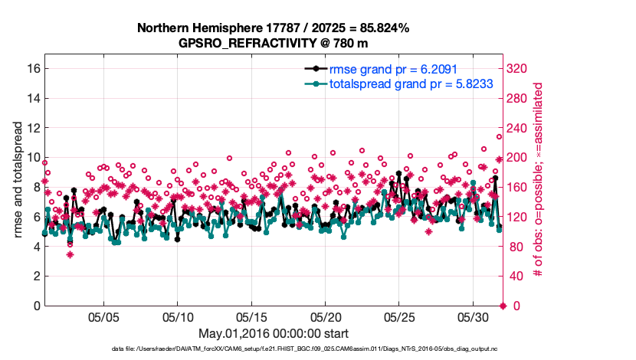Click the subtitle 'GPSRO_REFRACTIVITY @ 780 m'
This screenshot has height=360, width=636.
[x=274, y=43]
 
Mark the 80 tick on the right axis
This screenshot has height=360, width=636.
[x=514, y=247]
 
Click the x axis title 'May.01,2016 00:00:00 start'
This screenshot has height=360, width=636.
[x=274, y=333]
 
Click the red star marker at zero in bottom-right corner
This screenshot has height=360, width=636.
[x=503, y=306]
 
